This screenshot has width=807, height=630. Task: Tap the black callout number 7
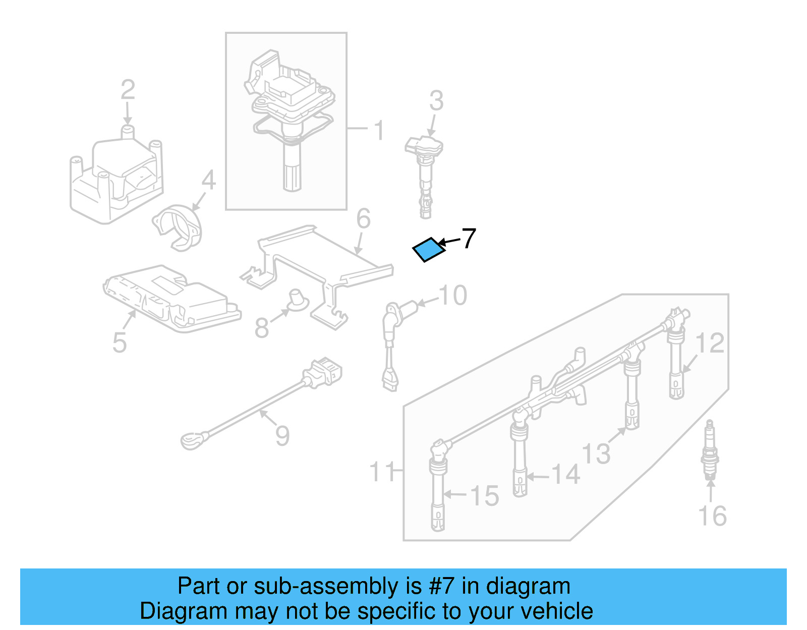469,239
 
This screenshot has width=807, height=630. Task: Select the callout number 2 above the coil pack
128,90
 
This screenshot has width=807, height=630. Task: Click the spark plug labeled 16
710,450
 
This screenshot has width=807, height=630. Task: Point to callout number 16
712,516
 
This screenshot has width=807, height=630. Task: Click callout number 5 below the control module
119,342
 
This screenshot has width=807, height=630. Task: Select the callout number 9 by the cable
282,435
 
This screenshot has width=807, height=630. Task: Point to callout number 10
452,295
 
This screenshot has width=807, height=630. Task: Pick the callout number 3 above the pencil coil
436,101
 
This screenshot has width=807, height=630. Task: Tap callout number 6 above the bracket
363,218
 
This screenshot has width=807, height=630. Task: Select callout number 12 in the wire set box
710,343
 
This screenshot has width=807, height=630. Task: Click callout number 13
596,453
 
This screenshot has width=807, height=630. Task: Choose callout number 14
565,475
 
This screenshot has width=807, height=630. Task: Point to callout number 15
484,496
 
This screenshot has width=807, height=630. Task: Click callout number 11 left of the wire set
382,472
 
